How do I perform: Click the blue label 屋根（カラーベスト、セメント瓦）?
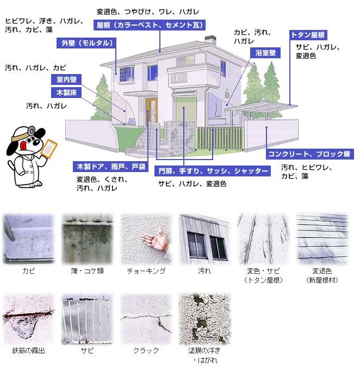coord(147,25)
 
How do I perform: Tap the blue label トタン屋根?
coord(308,35)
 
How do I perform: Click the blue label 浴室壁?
coord(265,53)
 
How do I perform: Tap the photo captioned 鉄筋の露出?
coord(29,319)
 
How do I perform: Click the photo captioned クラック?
coord(146,319)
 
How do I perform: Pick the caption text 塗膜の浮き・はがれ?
coord(205,354)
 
